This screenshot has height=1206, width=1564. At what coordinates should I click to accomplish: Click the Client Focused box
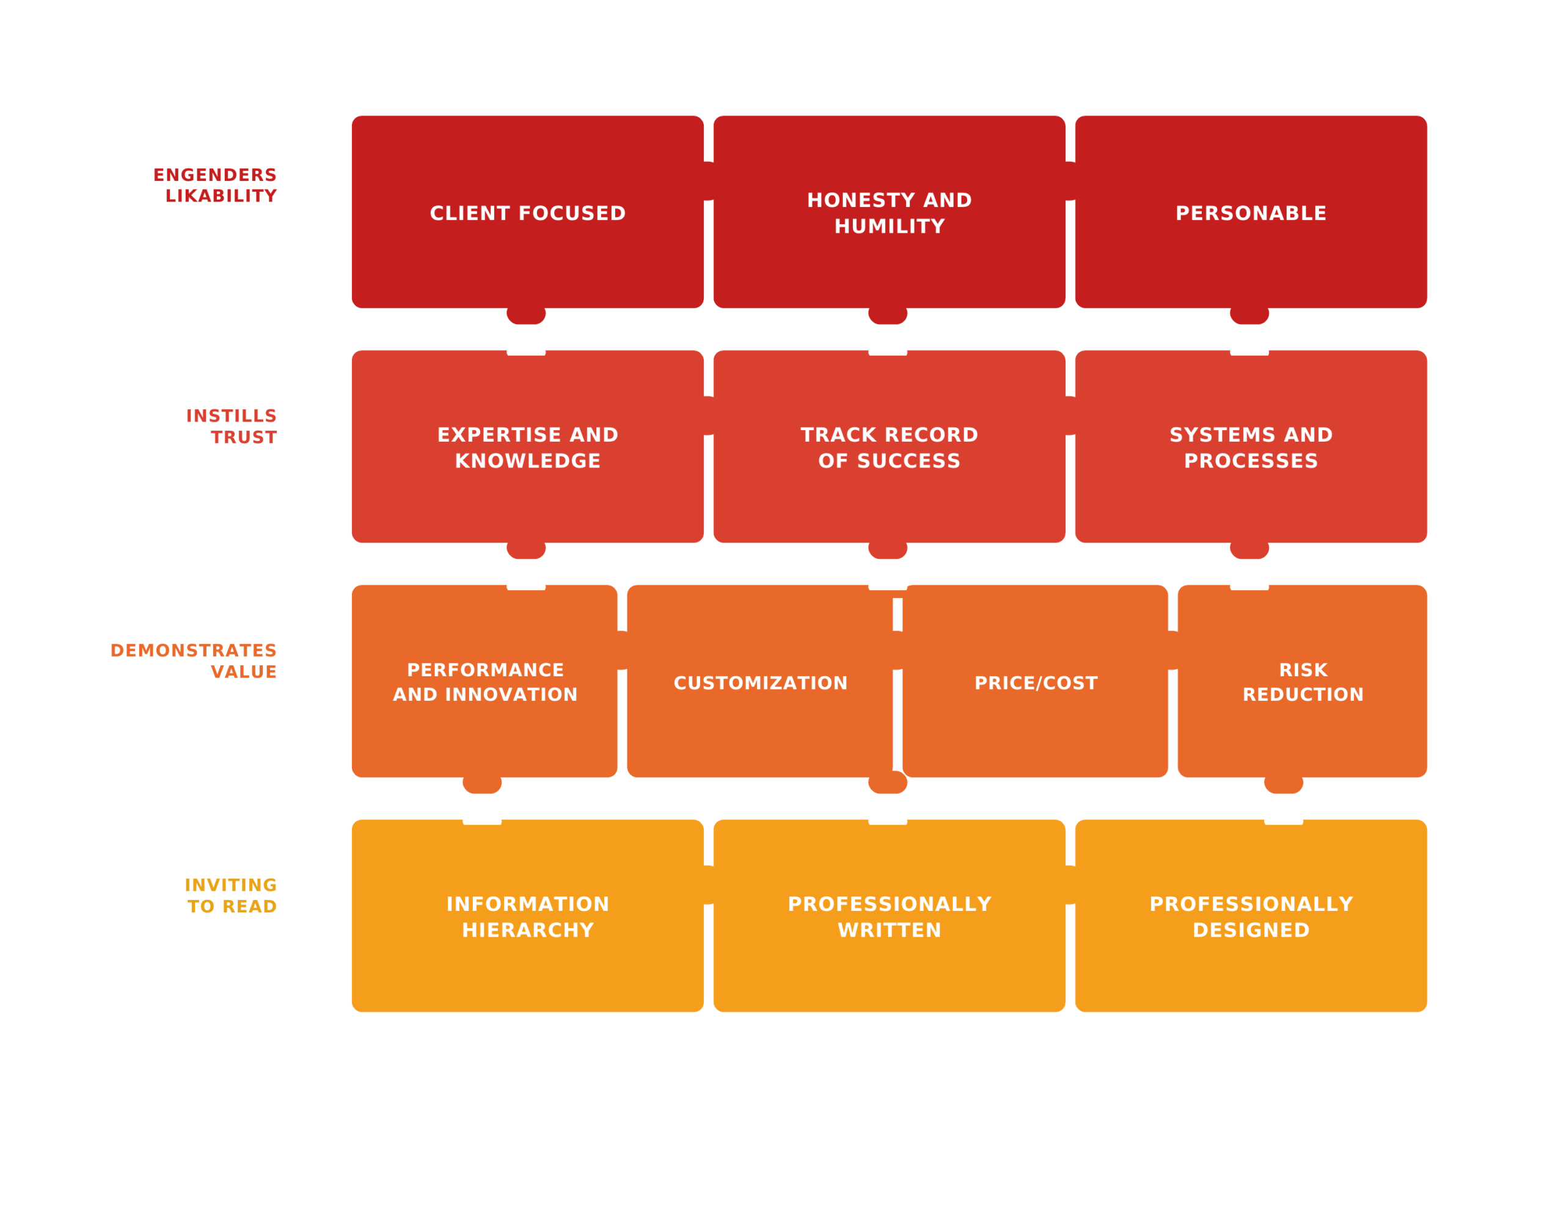coord(528,213)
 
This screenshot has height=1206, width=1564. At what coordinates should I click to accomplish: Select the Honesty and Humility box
coord(890,213)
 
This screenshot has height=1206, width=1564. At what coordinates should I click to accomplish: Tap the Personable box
coord(1251,213)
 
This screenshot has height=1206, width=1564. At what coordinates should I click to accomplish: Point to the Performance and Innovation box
coord(485,682)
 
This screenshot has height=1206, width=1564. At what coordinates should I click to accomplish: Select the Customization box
coord(760,682)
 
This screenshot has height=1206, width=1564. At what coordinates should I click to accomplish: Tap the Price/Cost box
coord(1036,682)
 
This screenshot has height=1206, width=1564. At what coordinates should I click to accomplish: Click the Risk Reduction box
coord(1303,682)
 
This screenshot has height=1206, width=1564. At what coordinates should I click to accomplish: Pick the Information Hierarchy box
coord(528,916)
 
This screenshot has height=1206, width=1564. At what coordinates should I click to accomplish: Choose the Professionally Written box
coord(890,916)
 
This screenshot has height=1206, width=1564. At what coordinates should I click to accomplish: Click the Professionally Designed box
coord(1251,916)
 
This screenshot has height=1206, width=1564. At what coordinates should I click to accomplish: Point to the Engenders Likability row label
coord(215,186)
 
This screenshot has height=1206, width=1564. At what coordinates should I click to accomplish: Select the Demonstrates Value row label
coord(193,661)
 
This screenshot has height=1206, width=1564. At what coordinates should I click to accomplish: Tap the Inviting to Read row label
coord(230,896)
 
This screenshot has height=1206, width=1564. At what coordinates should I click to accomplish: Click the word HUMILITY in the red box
coord(890,226)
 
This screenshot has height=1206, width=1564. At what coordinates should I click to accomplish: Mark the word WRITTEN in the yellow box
coord(890,930)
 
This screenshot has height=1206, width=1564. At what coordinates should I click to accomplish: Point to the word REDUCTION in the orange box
coord(1303,695)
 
